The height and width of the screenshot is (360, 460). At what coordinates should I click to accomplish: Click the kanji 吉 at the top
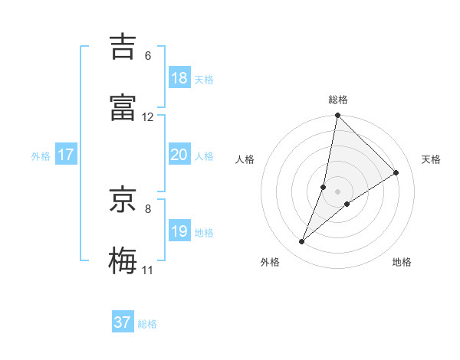[126, 46]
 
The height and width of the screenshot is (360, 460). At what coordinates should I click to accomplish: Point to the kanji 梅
[126, 260]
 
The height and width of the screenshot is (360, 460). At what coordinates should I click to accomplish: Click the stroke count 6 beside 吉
[148, 56]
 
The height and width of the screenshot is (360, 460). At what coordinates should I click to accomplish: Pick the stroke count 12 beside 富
[148, 117]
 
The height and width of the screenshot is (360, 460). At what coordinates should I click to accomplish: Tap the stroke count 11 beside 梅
[148, 270]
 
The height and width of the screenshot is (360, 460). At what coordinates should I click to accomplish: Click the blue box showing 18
[179, 78]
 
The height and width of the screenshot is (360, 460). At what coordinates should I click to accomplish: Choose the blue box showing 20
[179, 155]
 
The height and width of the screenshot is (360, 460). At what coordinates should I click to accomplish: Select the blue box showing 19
[179, 231]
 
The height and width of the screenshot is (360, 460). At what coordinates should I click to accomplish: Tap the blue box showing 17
[66, 155]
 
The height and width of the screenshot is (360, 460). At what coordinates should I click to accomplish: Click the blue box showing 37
[123, 322]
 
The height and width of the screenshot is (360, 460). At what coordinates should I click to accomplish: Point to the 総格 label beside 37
[148, 324]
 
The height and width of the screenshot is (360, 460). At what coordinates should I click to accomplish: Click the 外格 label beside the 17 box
[41, 156]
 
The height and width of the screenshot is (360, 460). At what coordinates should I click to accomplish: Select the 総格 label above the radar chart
[338, 100]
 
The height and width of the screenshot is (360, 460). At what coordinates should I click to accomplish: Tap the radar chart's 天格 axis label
[432, 159]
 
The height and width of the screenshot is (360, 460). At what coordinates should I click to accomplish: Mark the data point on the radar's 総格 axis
[338, 116]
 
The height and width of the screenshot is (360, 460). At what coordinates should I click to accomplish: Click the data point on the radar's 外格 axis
[302, 242]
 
